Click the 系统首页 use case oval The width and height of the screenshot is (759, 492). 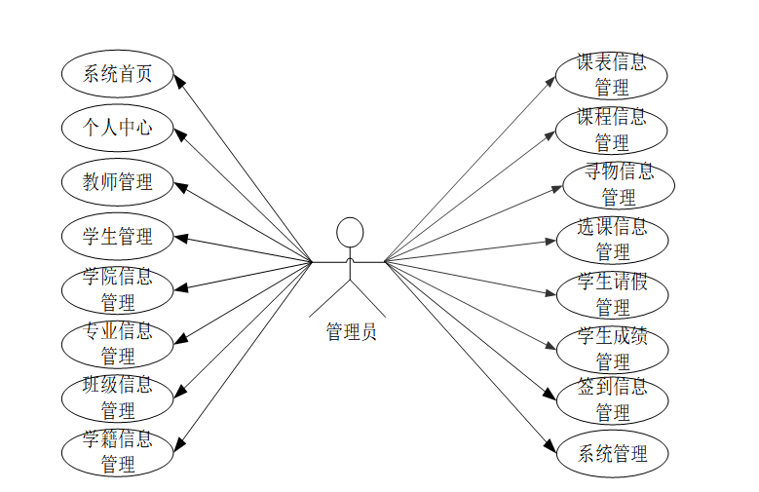pos(119,74)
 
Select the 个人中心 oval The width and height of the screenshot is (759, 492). pos(119,128)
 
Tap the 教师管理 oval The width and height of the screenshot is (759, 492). pos(119,182)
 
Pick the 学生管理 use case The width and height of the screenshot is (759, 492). pos(119,237)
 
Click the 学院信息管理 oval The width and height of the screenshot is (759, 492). pos(119,289)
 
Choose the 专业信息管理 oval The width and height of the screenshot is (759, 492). pos(119,343)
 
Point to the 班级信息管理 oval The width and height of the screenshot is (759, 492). pos(119,397)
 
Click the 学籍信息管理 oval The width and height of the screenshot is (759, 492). pos(119,451)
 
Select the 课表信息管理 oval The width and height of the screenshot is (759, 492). pos(612,75)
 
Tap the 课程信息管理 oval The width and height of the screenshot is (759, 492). pos(612,130)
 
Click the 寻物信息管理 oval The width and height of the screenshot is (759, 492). pos(619,184)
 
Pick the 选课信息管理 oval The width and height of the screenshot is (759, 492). pos(612,240)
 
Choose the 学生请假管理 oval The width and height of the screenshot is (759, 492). pos(612,294)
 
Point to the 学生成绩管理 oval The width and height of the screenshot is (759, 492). pos(612,349)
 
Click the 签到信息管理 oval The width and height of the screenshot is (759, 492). pos(612,399)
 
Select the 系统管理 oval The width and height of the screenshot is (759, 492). pos(612,453)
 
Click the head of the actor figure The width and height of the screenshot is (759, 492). pos(349,232)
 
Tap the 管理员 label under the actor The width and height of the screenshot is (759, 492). pos(350,332)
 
